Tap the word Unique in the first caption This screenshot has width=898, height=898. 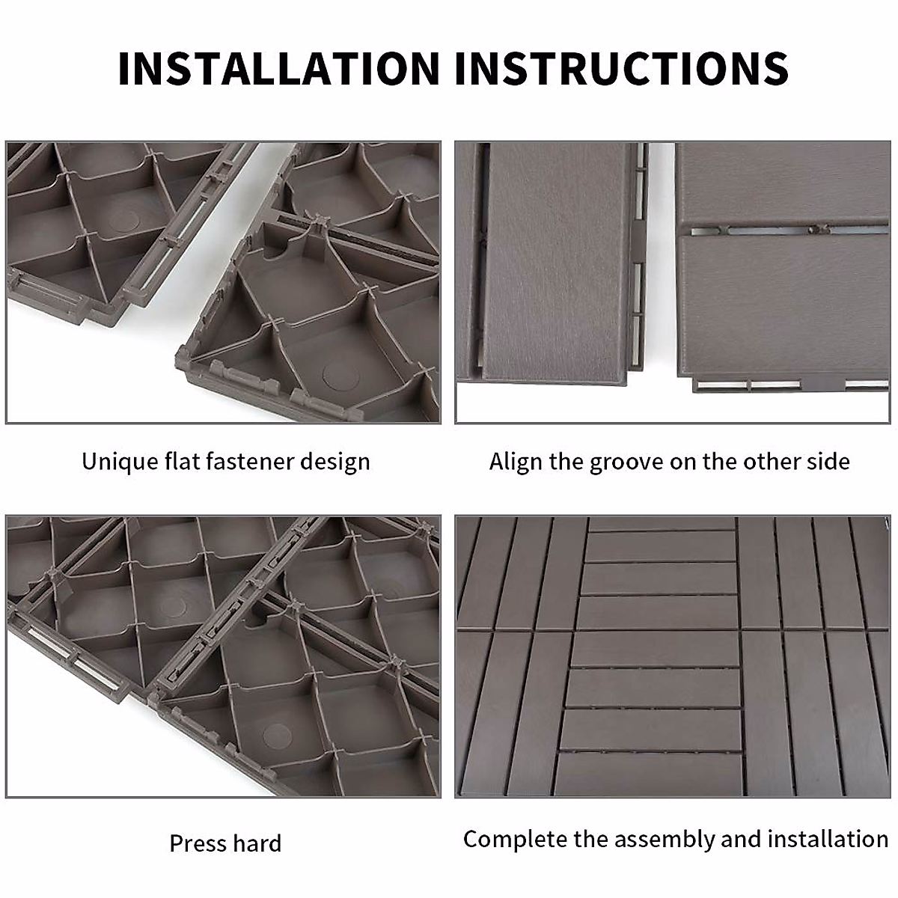tap(120, 461)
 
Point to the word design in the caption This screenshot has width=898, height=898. tap(335, 462)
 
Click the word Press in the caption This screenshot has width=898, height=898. tap(197, 843)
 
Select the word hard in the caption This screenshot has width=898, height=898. tap(256, 843)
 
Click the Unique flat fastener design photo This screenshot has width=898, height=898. tap(223, 282)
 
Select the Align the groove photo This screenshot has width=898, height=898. tap(673, 282)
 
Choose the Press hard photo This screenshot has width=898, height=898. tap(223, 656)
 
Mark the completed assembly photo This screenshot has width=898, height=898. tap(673, 656)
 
